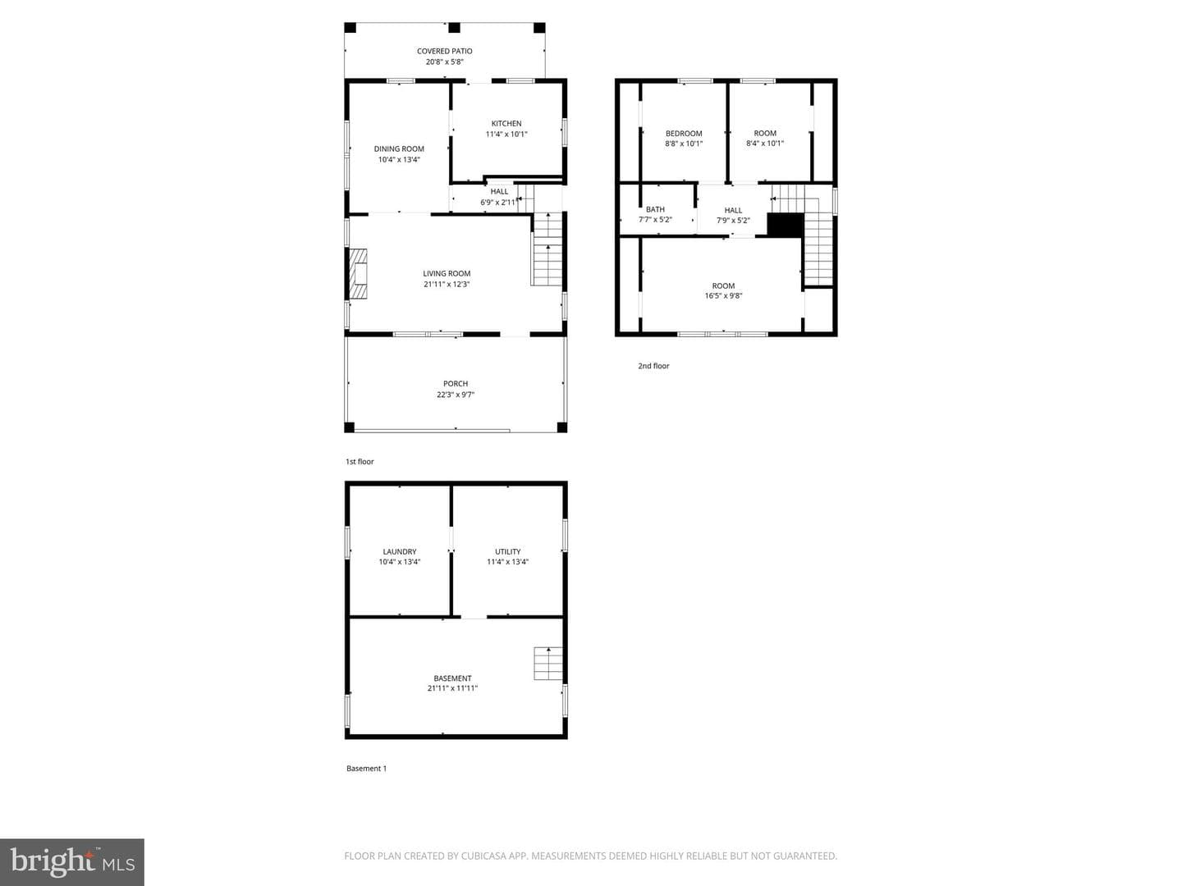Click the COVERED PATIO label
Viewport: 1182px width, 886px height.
(x=444, y=51)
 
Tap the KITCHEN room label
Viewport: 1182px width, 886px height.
(x=506, y=124)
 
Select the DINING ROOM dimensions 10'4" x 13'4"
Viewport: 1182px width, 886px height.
(x=399, y=160)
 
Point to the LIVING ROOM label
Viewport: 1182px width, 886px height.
(x=447, y=274)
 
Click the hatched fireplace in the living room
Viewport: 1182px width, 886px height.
(x=358, y=274)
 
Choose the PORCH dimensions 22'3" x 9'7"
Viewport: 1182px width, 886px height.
(x=456, y=395)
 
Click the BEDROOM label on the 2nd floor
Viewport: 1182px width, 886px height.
(x=684, y=134)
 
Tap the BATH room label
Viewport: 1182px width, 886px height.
(x=655, y=210)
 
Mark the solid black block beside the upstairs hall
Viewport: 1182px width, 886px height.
(x=786, y=225)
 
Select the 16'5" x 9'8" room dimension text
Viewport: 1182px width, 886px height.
(x=723, y=296)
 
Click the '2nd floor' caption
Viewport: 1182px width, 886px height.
(x=653, y=366)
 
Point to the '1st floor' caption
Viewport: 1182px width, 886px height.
(x=360, y=462)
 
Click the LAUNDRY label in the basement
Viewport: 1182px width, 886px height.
(x=400, y=551)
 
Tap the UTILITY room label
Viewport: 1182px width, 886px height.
(x=508, y=551)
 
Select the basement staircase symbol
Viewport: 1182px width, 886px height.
(x=548, y=664)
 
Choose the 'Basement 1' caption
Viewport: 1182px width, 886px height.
(x=366, y=768)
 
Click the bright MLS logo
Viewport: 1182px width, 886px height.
(x=72, y=861)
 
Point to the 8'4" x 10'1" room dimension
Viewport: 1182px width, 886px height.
(x=765, y=144)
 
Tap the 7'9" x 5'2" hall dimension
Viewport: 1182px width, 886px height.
(x=733, y=221)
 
